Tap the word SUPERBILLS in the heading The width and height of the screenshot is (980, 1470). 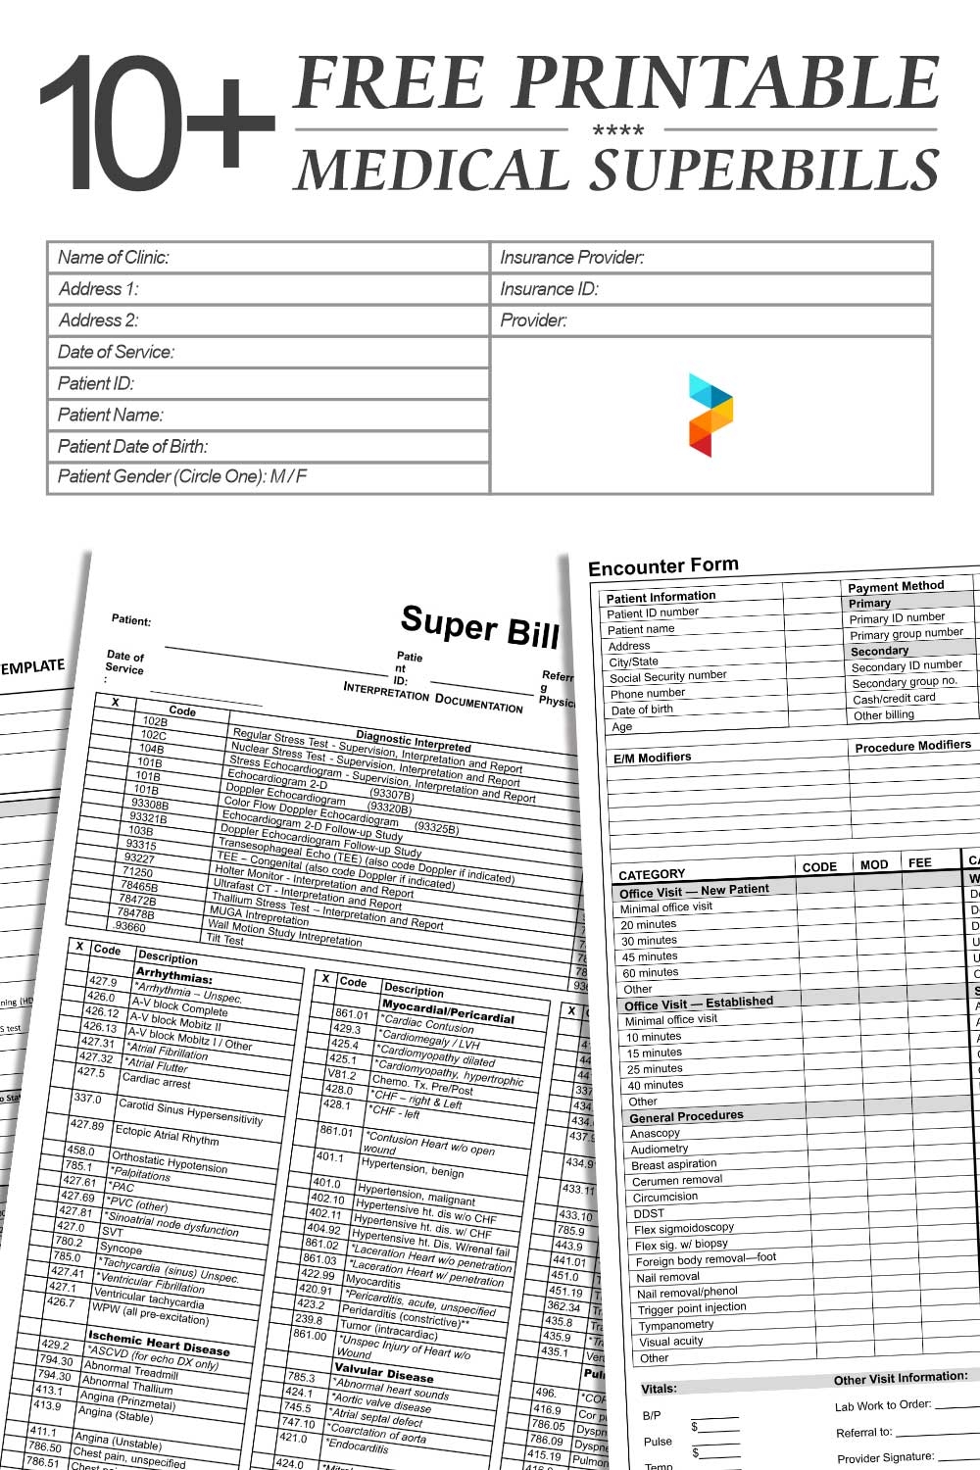766,170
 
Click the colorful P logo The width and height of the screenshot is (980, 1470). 710,415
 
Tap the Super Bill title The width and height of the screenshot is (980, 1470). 479,627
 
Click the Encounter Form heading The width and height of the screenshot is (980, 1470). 663,566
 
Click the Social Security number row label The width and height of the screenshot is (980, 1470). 667,676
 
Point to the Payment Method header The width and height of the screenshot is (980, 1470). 896,586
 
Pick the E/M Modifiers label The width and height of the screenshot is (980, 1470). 652,758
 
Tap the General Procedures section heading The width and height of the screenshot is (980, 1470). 686,1116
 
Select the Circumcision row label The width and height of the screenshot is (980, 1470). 664,1197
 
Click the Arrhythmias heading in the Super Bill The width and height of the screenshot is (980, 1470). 173,976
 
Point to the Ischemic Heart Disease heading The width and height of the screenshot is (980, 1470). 158,1342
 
